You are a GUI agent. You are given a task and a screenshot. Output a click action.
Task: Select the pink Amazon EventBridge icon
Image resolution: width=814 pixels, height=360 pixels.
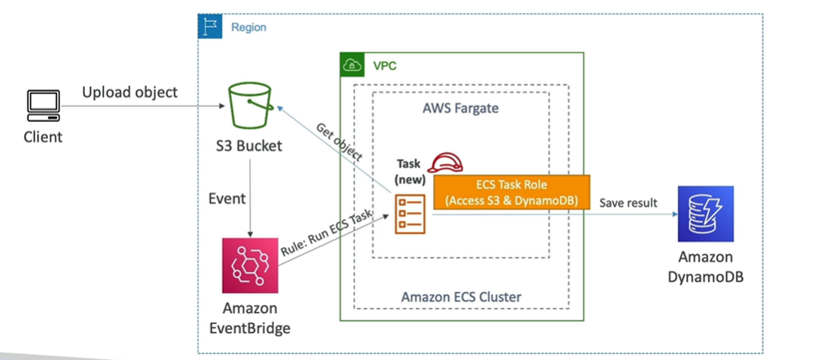point(248,263)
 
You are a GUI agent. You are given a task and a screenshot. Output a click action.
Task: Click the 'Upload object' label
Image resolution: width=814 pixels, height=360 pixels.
point(129,91)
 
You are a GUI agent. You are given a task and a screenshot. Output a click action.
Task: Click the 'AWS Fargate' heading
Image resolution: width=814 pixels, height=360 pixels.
point(462,109)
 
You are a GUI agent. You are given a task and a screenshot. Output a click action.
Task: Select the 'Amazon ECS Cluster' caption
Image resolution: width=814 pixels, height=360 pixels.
point(462,296)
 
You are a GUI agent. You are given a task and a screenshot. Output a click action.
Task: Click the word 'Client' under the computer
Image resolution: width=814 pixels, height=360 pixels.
point(42,136)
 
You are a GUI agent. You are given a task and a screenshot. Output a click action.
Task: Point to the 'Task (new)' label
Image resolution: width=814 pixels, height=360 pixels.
point(411,172)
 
